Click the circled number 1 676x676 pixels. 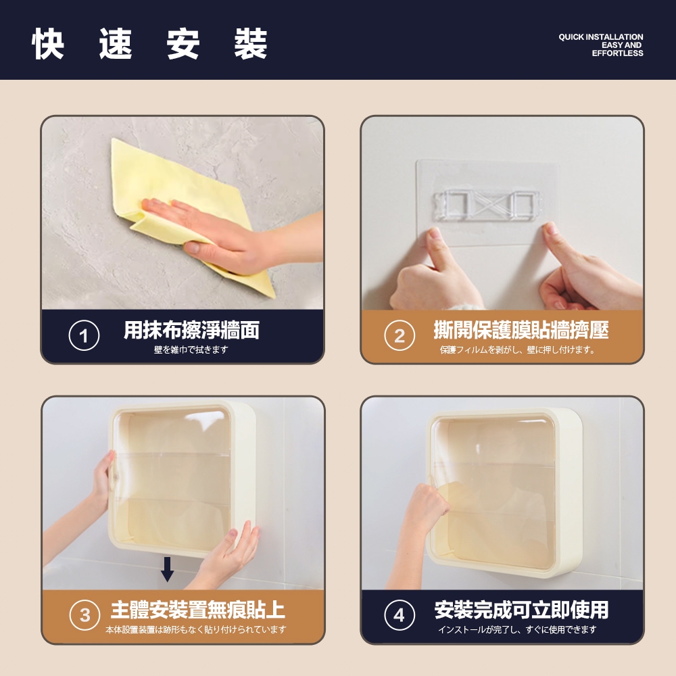tap(84, 335)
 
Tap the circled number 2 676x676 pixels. tap(400, 335)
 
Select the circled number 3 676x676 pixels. tap(85, 615)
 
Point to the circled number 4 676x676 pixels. tap(400, 615)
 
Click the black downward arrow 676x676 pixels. tap(167, 569)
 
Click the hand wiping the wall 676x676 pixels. tap(233, 235)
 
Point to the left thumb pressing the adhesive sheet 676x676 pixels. tap(435, 246)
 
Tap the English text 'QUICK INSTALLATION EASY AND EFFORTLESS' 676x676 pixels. tap(601, 45)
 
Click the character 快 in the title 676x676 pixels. tap(48, 43)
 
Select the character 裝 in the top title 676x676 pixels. tap(251, 43)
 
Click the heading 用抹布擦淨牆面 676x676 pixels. tap(192, 331)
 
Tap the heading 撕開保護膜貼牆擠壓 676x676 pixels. tap(521, 331)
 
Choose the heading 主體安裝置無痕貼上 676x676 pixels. tap(198, 610)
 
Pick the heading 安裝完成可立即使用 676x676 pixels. tap(521, 610)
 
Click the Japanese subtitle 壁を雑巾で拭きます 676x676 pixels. tap(191, 349)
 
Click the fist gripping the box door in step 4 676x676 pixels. tap(425, 504)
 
